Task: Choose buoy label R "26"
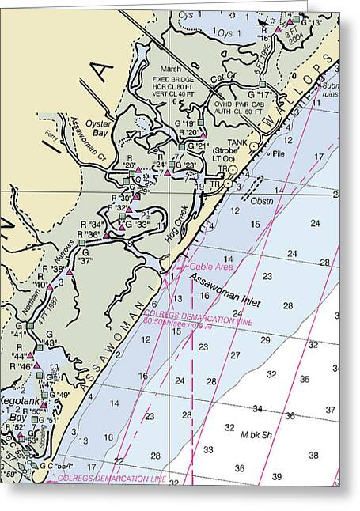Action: (x=127, y=165)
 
